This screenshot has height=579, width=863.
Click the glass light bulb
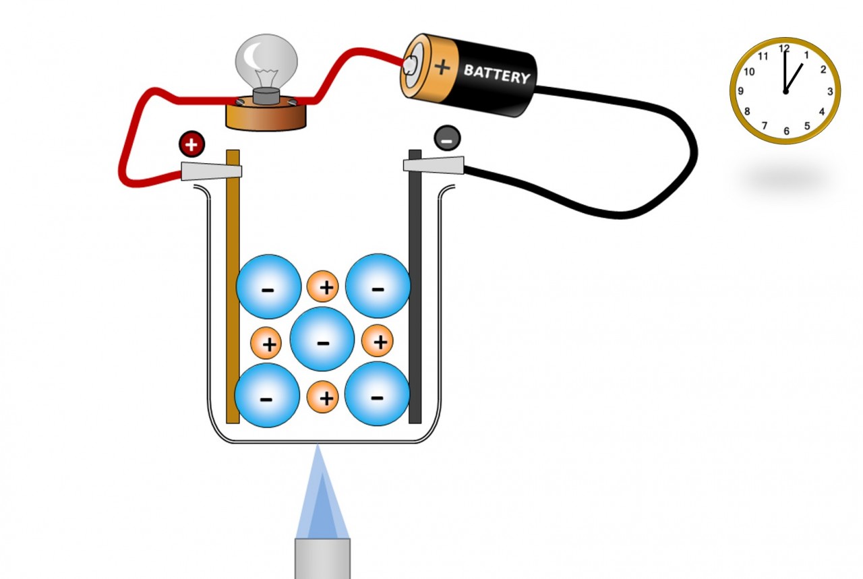point(266,61)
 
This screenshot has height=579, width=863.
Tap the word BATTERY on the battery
point(496,73)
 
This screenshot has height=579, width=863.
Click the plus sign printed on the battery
point(442,67)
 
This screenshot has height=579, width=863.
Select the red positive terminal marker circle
point(191,144)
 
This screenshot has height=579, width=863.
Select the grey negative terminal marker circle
point(447,138)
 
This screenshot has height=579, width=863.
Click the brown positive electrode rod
point(233,303)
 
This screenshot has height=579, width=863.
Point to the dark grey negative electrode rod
point(415,303)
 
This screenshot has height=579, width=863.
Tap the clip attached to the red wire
point(209,170)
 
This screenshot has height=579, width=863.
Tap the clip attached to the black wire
point(435,164)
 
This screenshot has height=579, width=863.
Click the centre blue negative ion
point(322,339)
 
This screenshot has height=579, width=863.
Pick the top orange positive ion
point(326,287)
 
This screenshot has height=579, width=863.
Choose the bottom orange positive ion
point(326,398)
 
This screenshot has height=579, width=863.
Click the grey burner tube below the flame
point(322,558)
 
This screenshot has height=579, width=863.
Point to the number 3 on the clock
point(830,92)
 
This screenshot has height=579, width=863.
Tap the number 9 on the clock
point(740,91)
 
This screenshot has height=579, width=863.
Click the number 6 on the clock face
point(786,131)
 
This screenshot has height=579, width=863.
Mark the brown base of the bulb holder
point(266,116)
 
